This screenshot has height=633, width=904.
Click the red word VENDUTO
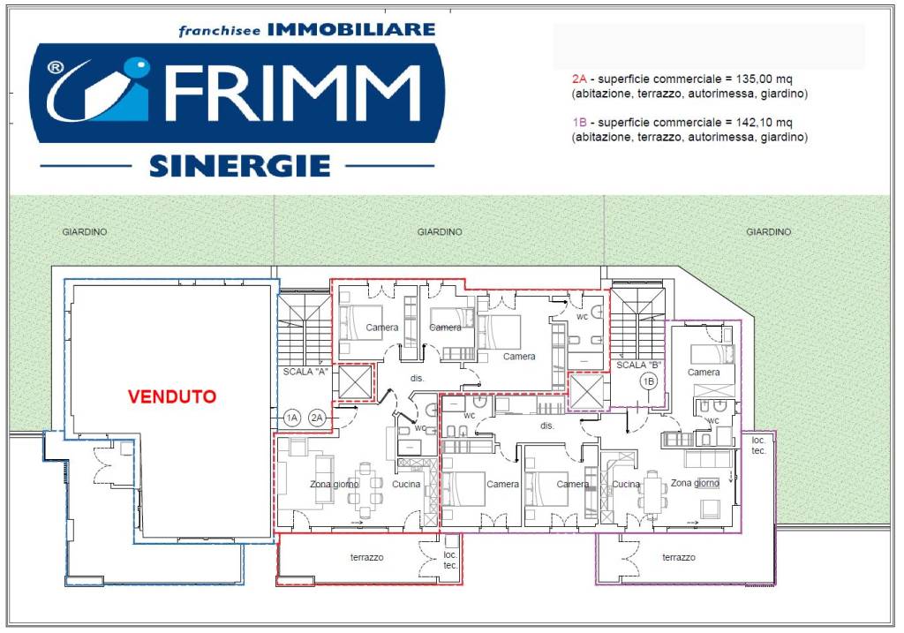[172, 397]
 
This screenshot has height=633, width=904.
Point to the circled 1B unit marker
[649, 381]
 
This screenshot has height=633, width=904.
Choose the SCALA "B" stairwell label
[639, 365]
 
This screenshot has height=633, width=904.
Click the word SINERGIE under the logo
[240, 165]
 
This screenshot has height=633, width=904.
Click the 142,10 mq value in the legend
[762, 123]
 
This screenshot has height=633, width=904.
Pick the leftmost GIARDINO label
[85, 232]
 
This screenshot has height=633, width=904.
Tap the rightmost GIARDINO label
[768, 232]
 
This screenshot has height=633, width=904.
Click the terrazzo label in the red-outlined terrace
[366, 558]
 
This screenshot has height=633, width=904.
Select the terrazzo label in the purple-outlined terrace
[679, 558]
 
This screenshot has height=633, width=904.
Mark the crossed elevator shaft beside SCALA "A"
[357, 383]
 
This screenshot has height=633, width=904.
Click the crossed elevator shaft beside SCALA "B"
[586, 391]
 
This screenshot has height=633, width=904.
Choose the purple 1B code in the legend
[579, 123]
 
